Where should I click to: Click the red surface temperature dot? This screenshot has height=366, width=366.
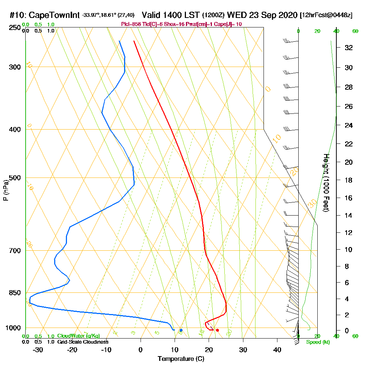coord(217,330)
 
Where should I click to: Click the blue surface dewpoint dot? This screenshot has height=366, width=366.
coord(181,330)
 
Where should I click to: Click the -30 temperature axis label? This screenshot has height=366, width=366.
coord(38,349)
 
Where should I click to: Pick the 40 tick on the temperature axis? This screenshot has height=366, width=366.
coord(277,349)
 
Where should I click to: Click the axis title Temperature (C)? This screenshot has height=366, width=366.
coord(181,359)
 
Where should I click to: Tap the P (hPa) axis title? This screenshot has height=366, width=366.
coord(5,190)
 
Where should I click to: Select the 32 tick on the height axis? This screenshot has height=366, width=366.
coord(349,48)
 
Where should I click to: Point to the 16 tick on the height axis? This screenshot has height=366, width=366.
coord(349,198)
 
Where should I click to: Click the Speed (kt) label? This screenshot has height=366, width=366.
coord(317,342)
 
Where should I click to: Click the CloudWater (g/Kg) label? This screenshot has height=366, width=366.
coord(78,336)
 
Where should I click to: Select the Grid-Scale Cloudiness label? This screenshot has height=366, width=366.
coord(82,342)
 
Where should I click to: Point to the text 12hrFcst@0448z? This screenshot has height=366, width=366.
coord(326,15)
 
